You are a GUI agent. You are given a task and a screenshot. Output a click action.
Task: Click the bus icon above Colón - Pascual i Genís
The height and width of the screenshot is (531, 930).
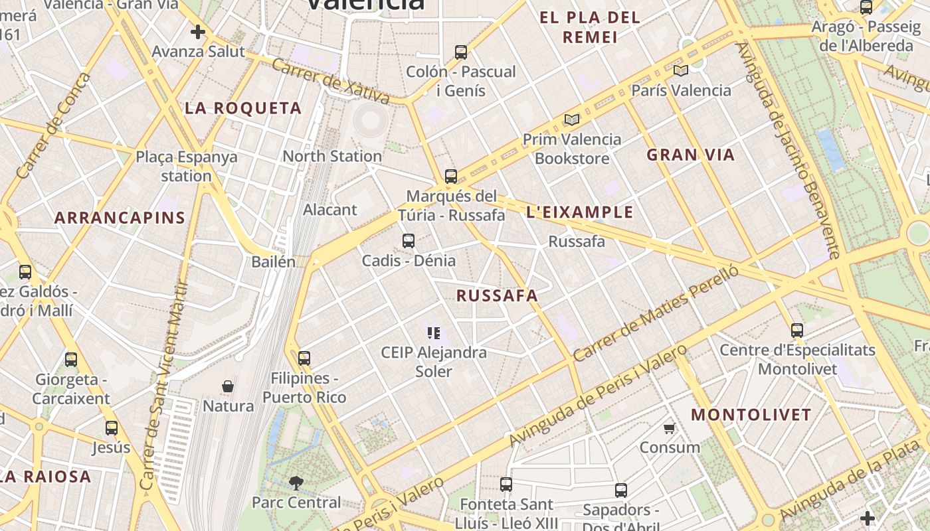click(x=460, y=52)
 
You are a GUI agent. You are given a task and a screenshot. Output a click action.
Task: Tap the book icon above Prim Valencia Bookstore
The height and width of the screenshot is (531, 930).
click(x=571, y=120)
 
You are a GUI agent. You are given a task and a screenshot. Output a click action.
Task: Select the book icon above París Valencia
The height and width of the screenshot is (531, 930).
click(x=680, y=70)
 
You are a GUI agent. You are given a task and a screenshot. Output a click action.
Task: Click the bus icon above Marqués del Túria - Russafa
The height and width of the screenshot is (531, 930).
click(x=451, y=177)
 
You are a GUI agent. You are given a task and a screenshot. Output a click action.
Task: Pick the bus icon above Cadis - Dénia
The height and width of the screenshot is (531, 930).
click(x=409, y=241)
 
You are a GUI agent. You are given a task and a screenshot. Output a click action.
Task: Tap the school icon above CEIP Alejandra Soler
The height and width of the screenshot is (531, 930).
click(x=434, y=333)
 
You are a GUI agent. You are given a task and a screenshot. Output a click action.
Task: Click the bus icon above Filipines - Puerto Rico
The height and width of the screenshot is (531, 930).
click(x=304, y=358)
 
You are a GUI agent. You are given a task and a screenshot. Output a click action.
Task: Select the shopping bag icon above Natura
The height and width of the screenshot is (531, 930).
click(x=228, y=386)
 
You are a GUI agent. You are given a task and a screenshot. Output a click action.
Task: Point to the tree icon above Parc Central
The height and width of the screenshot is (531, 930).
click(x=296, y=483)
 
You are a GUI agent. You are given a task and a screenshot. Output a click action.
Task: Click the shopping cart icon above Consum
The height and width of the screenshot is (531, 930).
click(x=670, y=428)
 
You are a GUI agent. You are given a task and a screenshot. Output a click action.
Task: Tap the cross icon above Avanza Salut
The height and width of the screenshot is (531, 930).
click(x=198, y=32)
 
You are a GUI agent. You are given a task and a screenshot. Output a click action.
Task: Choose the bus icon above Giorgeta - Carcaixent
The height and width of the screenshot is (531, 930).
click(x=71, y=360)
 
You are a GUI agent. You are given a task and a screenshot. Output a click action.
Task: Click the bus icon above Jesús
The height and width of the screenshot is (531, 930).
click(x=112, y=428)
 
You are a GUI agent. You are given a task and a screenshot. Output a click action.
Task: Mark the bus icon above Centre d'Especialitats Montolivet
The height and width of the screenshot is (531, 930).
click(x=797, y=330)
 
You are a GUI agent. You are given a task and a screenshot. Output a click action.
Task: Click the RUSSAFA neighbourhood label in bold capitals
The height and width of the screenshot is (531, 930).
click(x=497, y=296)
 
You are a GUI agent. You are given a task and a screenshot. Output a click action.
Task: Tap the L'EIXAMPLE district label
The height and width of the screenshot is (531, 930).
click(x=579, y=213)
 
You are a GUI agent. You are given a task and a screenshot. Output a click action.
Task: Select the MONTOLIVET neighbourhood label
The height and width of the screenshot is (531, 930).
click(x=751, y=416)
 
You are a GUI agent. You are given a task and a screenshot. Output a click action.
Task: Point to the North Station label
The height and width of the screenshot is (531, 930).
click(x=332, y=156)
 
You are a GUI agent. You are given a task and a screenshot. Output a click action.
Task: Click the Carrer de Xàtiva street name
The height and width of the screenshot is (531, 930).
click(x=331, y=82)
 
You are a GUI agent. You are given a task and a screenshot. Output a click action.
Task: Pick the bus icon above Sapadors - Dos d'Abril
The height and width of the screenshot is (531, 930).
click(x=621, y=491)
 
